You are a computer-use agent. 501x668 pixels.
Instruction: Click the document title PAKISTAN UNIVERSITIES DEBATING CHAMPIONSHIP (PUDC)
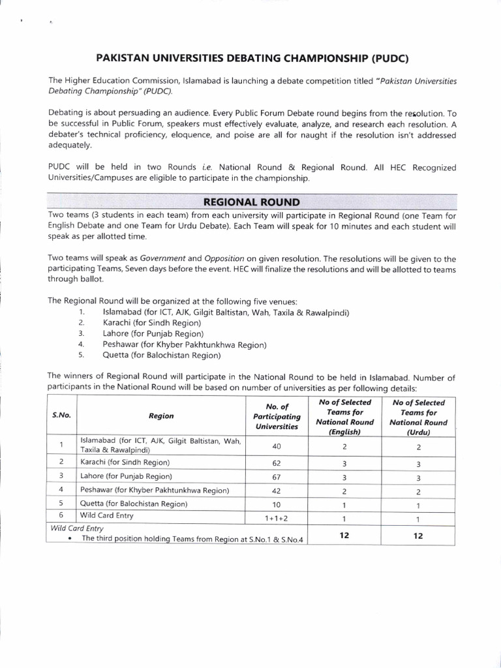coord(252,57)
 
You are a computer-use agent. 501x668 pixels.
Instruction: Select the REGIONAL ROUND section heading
coord(252,202)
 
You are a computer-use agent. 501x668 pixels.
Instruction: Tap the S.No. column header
coord(61,415)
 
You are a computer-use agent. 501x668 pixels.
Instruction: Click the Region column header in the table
coord(161,416)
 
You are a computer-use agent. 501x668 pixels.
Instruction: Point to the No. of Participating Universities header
coord(277,416)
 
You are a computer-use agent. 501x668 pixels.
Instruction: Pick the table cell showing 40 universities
coord(277,446)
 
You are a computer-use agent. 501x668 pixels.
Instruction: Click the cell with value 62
coord(277,463)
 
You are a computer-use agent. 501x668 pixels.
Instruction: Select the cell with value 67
coord(277,476)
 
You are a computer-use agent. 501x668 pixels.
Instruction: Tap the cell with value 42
coord(277,490)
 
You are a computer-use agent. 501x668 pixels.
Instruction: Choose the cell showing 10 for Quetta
coord(277,504)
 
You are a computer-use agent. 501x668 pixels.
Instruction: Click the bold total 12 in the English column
coord(344,536)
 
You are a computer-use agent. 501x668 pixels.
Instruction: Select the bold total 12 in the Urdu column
coord(418,536)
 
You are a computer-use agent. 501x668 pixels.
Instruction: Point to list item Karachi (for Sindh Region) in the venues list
coord(151,323)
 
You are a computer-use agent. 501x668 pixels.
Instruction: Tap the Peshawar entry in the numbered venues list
coord(185,344)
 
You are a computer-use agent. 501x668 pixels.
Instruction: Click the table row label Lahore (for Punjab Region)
coord(126,476)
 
